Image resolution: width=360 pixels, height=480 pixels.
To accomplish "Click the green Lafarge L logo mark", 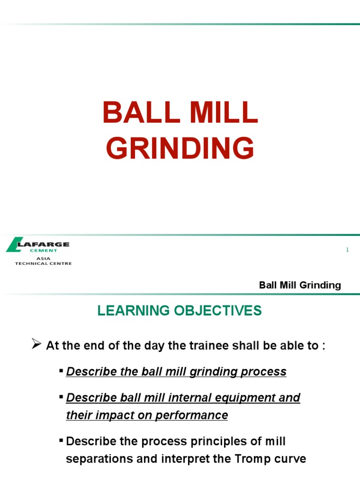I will tap(14, 245).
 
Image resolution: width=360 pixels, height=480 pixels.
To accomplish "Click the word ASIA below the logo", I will tap(43, 258).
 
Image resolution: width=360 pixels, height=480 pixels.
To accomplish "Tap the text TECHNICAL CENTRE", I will tap(43, 263).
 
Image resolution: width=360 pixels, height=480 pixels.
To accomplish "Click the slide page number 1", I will tap(347, 250).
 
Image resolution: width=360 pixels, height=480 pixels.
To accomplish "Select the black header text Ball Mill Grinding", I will tap(300, 285).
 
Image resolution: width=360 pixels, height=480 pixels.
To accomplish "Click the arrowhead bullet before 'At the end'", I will tap(36, 345).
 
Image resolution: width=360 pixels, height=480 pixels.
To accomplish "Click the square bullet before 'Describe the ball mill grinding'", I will tap(61, 371).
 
